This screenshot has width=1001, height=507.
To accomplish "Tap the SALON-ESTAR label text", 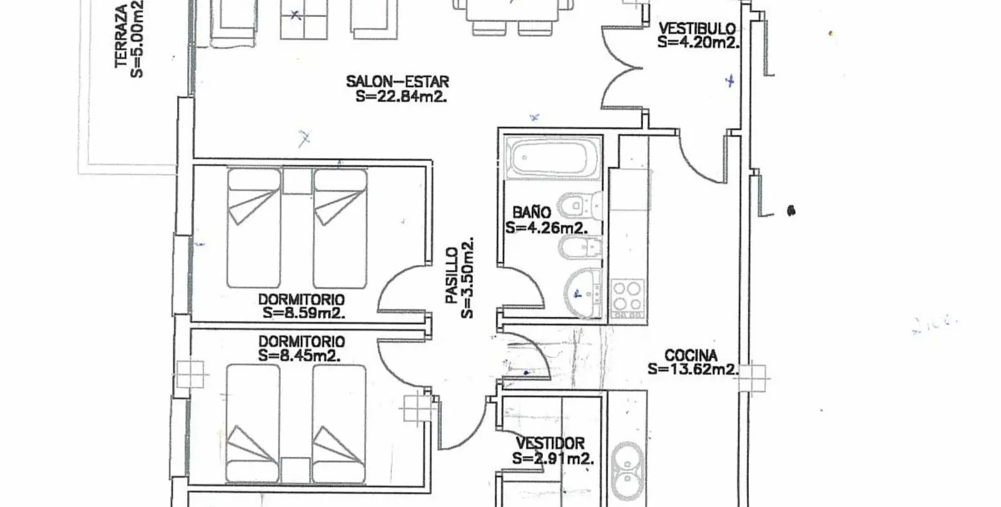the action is click(x=397, y=82).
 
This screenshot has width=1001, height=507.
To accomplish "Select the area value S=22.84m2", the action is click(x=401, y=96).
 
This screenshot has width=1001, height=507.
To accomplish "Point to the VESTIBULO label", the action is click(x=697, y=29).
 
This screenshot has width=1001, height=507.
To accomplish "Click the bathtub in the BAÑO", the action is click(x=552, y=158).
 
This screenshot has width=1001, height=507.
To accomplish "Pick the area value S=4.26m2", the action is click(x=546, y=228).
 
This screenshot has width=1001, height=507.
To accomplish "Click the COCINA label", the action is click(x=691, y=356).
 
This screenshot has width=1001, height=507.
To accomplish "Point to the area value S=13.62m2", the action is click(x=692, y=369).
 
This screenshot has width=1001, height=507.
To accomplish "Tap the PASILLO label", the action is click(x=452, y=276).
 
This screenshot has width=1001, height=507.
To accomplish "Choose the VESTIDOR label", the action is click(x=550, y=444).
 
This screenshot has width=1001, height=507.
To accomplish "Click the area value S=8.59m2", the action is click(x=304, y=313).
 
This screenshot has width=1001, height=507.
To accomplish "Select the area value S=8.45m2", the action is click(x=300, y=356).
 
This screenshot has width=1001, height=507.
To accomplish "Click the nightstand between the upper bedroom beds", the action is click(x=297, y=181).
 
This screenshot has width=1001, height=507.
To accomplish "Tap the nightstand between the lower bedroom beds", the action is click(x=295, y=470).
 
